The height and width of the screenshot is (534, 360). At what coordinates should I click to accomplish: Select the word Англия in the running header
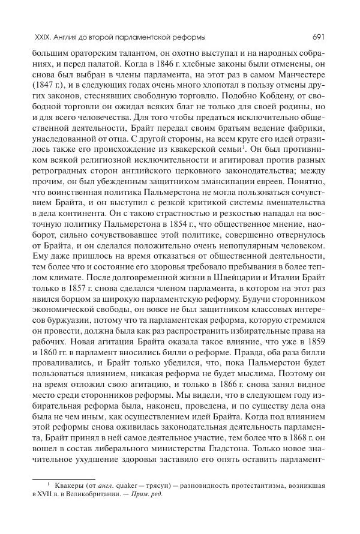(x=68, y=36)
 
